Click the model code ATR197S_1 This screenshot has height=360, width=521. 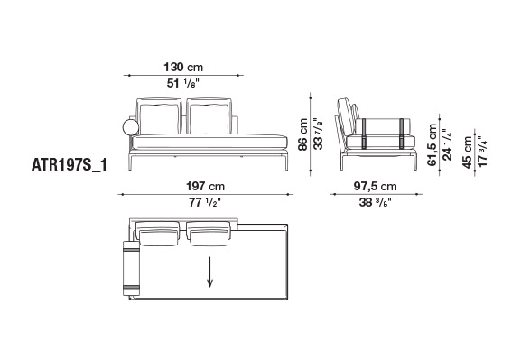click(70, 165)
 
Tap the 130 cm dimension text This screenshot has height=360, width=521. click(183, 67)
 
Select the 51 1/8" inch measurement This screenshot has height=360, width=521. click(183, 83)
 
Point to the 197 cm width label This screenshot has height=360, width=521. click(205, 186)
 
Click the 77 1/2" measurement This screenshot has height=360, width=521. click(205, 202)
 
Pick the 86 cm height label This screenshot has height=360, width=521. click(302, 134)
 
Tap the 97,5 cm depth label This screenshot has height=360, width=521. click(375, 186)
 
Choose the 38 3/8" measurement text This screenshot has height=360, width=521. click(376, 202)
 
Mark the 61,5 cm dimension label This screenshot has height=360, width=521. click(433, 144)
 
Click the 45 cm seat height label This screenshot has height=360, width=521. click(468, 152)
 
